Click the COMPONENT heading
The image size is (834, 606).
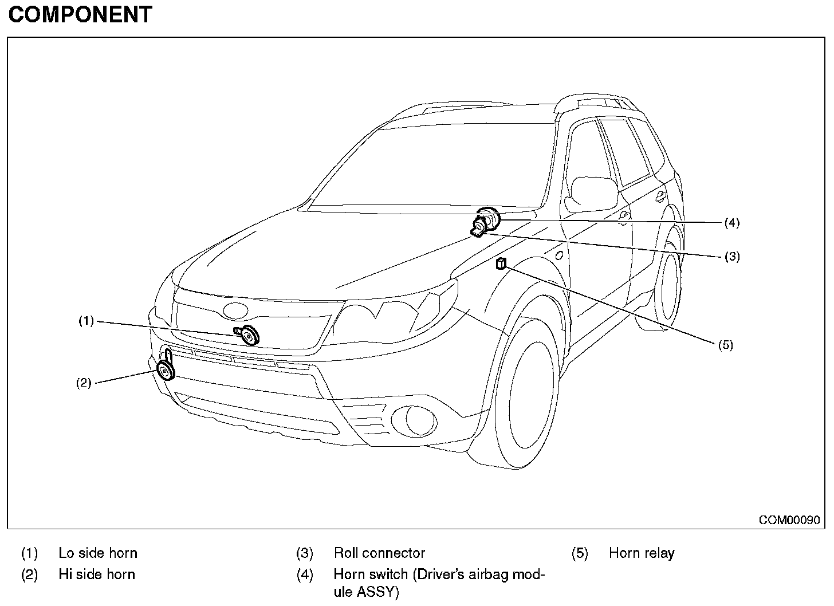(80, 14)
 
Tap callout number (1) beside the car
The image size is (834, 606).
(86, 321)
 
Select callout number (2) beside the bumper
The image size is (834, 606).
(84, 383)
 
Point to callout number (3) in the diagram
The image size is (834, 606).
(732, 257)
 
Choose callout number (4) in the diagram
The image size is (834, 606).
(732, 223)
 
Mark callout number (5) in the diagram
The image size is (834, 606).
(725, 345)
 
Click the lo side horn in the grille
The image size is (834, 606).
(249, 335)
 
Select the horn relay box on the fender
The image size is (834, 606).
(501, 263)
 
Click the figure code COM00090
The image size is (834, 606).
(789, 520)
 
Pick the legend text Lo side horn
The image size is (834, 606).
(98, 553)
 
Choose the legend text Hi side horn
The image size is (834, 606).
(97, 574)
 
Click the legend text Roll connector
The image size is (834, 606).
(379, 553)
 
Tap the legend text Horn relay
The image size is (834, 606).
(642, 553)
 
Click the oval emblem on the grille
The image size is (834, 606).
(234, 310)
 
